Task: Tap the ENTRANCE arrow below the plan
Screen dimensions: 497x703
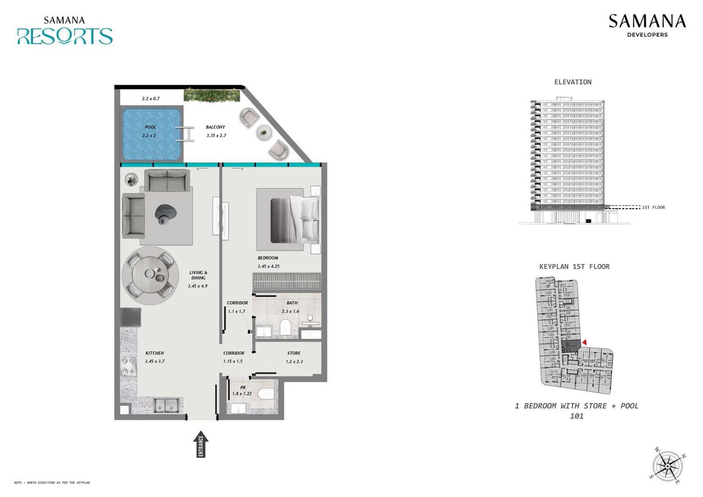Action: (x=201, y=445)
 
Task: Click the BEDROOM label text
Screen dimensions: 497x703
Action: (x=268, y=258)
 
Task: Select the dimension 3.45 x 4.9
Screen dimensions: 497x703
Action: (x=198, y=286)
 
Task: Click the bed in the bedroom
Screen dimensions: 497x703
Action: (x=294, y=220)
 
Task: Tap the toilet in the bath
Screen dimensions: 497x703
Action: (x=286, y=328)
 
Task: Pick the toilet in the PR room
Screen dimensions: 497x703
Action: (x=266, y=393)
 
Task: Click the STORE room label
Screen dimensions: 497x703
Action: (x=294, y=353)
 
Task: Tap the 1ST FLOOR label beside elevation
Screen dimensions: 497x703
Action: (x=653, y=207)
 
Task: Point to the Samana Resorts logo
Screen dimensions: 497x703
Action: (x=65, y=31)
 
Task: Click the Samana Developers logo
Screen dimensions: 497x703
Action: (x=647, y=25)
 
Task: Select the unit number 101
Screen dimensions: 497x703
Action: (x=576, y=416)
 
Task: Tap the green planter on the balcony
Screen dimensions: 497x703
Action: (x=212, y=95)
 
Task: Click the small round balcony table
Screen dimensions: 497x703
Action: (x=264, y=132)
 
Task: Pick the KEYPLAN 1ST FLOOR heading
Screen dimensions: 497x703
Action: (x=574, y=267)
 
